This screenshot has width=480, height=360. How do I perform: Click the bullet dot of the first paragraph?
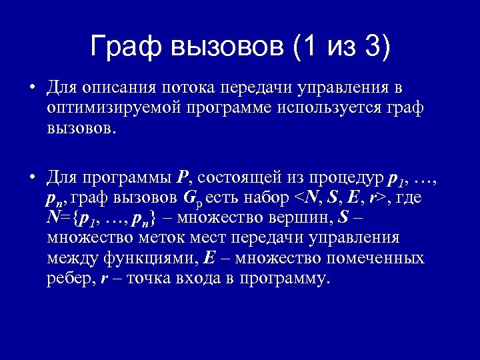point(31,89)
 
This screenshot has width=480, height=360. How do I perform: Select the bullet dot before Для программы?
point(31,177)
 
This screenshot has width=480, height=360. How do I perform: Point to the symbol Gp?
point(190,199)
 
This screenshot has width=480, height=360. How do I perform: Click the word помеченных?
point(379,258)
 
